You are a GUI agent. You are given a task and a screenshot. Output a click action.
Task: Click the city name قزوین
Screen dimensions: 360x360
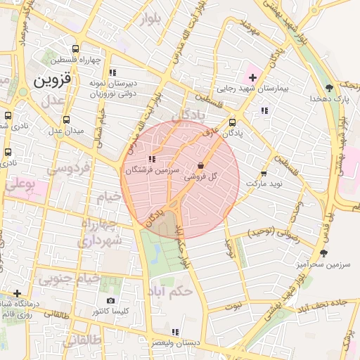pyautogui.click(x=52, y=79)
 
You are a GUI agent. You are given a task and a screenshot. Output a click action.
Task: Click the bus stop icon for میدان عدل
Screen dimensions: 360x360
pyautogui.click(x=67, y=120)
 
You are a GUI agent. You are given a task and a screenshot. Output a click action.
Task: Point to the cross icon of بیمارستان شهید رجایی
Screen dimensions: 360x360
pyautogui.click(x=252, y=76)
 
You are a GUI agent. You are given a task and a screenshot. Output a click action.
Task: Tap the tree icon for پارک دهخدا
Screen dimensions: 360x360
pyautogui.click(x=329, y=88)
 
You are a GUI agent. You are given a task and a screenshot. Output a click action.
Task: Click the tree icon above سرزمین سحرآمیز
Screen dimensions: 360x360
pyautogui.click(x=323, y=252)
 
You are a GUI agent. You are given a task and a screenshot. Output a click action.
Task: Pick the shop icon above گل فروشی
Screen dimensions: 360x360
pyautogui.click(x=202, y=167)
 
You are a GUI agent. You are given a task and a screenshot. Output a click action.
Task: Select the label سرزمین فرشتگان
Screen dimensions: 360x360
pyautogui.click(x=153, y=170)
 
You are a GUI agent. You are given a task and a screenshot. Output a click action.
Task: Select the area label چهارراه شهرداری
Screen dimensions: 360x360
pyautogui.click(x=100, y=232)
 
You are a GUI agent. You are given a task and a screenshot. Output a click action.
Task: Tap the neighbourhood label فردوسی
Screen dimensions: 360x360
pyautogui.click(x=68, y=169)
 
